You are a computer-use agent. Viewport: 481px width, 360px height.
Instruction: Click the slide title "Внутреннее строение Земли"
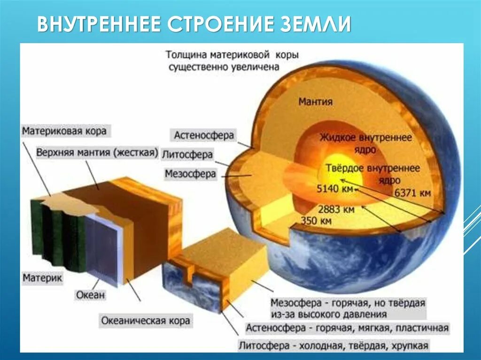pos(194,23)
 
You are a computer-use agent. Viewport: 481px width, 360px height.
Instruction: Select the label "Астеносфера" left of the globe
pos(203,136)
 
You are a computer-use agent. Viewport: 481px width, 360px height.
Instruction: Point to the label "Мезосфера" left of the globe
pos(190,174)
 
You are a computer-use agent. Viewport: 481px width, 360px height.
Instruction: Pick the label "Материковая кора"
pos(64,130)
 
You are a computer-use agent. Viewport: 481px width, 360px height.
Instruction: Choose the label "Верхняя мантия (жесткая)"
pos(97,153)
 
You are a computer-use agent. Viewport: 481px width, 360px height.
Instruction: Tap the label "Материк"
pos(42,278)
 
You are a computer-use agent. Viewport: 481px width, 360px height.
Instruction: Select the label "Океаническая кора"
pos(146,321)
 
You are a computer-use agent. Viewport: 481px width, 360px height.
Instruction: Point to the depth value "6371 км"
pos(412,192)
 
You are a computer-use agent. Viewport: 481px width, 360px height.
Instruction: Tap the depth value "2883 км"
pos(336,209)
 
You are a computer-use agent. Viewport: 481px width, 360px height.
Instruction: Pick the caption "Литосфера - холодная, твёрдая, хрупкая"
pos(334,346)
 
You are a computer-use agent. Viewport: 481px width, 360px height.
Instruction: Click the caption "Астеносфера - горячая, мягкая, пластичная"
pos(347,328)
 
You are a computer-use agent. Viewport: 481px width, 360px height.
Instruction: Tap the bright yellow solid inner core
pos(343,169)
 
